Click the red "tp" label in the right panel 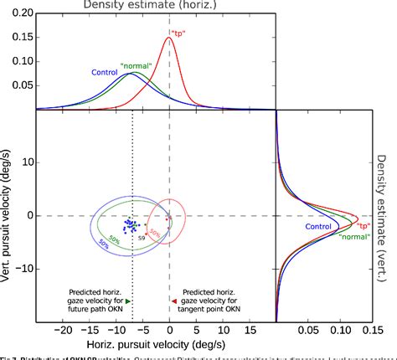coord(363,225)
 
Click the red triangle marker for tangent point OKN coord(173,300)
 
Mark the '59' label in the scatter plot coord(142,239)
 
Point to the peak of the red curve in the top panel coord(169,37)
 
